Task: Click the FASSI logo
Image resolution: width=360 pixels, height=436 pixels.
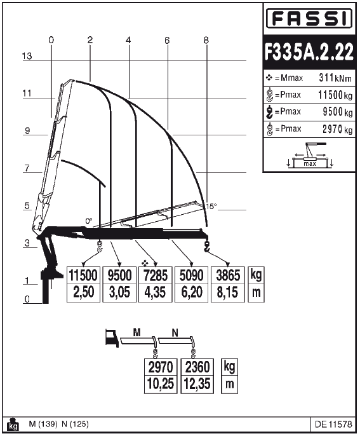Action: point(309,18)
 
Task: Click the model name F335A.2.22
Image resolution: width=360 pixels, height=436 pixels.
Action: point(309,51)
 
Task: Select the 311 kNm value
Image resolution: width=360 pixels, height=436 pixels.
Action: point(335,78)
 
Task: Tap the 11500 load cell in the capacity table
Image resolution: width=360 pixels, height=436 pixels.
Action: point(83,275)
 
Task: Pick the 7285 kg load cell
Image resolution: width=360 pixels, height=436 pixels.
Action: point(156,275)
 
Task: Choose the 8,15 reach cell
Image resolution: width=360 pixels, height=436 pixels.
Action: point(227,292)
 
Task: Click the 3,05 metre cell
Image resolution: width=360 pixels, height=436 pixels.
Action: point(119,292)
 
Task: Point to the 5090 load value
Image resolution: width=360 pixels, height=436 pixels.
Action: point(191,275)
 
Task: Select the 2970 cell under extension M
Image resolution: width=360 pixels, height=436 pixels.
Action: point(161,367)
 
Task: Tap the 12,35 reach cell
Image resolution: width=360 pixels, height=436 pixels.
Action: point(197,385)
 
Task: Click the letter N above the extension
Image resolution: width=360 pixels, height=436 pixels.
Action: point(175,333)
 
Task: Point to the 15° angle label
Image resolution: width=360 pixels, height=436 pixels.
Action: point(211,207)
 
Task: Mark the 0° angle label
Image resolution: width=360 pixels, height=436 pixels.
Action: point(89,221)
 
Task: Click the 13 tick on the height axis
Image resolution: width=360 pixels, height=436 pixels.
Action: point(27,56)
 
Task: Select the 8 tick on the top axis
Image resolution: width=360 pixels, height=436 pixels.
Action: point(206,40)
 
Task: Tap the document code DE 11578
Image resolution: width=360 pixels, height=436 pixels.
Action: point(333,425)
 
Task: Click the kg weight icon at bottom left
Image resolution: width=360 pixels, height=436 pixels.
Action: point(13,424)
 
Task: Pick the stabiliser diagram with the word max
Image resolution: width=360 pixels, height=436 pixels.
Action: point(310,155)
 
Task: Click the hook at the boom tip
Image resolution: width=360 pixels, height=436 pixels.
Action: point(206,247)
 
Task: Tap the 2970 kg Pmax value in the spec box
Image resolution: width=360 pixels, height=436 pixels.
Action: point(337,129)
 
